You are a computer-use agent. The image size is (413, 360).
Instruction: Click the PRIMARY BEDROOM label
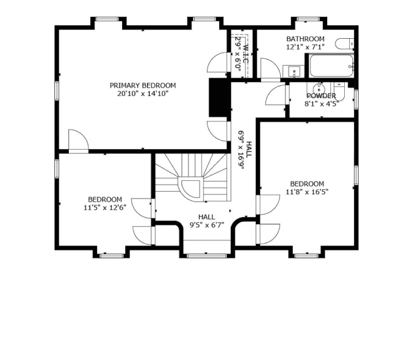click(x=143, y=85)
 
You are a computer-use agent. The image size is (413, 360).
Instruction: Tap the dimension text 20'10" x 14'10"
click(x=143, y=93)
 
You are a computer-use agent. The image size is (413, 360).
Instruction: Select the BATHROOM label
click(x=305, y=39)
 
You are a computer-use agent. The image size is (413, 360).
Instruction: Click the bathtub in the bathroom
click(x=331, y=66)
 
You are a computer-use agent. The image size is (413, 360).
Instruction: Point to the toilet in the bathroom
click(x=345, y=43)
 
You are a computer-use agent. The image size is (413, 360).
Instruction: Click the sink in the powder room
click(x=319, y=88)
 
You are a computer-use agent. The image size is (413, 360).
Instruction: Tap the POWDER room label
click(x=322, y=96)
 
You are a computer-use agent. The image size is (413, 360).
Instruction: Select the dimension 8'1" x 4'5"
click(x=322, y=104)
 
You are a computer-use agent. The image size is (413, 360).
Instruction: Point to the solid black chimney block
click(x=218, y=97)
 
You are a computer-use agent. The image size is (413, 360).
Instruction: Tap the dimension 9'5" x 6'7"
click(x=206, y=225)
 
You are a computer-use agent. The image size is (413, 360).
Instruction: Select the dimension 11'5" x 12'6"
click(x=105, y=208)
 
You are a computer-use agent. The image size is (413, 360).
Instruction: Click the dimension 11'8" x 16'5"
click(x=307, y=192)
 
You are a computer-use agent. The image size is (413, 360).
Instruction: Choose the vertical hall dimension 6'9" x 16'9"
click(x=241, y=150)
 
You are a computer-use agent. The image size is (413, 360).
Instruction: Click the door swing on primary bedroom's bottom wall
click(x=78, y=141)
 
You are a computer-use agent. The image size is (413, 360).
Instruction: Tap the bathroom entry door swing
click(x=270, y=68)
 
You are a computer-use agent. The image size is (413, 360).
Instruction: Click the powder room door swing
click(x=276, y=95)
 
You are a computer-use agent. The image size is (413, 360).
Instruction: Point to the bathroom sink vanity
click(x=293, y=71)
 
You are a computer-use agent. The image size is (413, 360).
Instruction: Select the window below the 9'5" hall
click(x=206, y=255)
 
